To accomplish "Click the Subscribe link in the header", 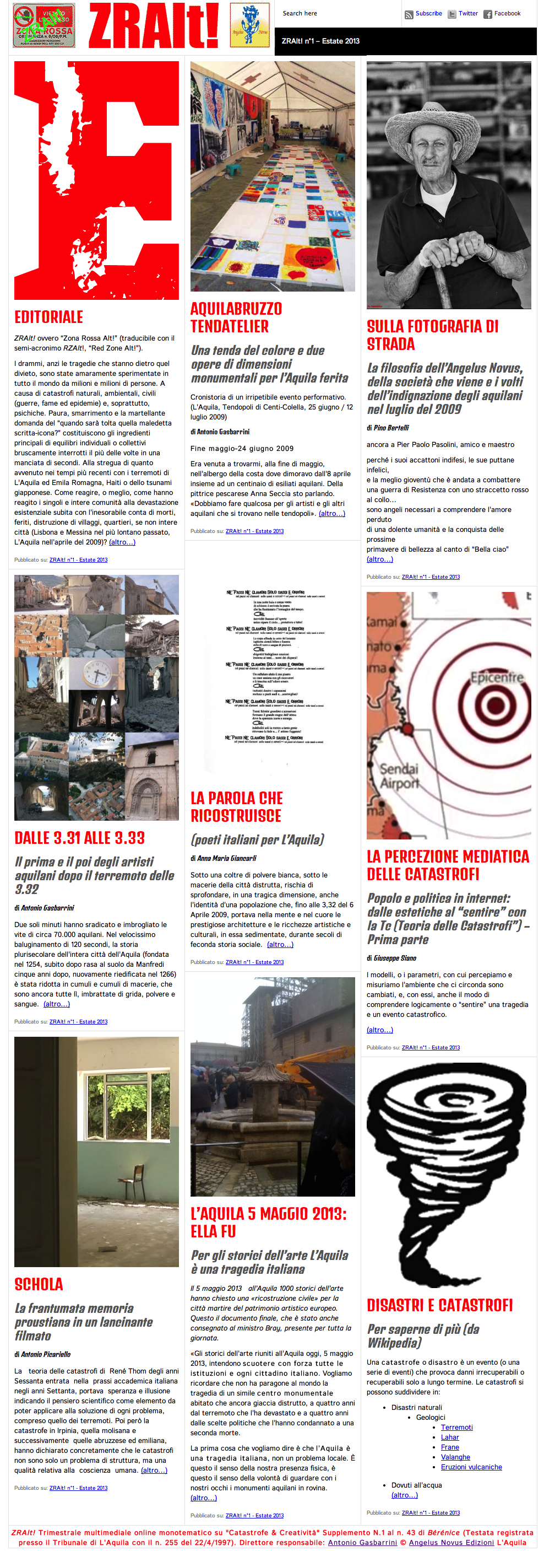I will [x=428, y=13].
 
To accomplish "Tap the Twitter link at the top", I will [x=467, y=13].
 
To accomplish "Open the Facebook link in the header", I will [x=507, y=13].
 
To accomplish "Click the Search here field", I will [x=337, y=13].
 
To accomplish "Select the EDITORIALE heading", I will [x=49, y=317].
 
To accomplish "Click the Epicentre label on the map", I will [x=497, y=677].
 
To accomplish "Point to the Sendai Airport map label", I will [x=399, y=776].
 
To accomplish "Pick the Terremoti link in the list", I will [x=457, y=1428].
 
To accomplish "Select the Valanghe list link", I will [x=455, y=1457].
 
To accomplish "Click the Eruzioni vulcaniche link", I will [x=471, y=1467].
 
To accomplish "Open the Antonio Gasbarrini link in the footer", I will [x=362, y=1543].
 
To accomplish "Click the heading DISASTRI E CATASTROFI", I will [x=439, y=1305].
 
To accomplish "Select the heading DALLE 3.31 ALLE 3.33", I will [x=79, y=838].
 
